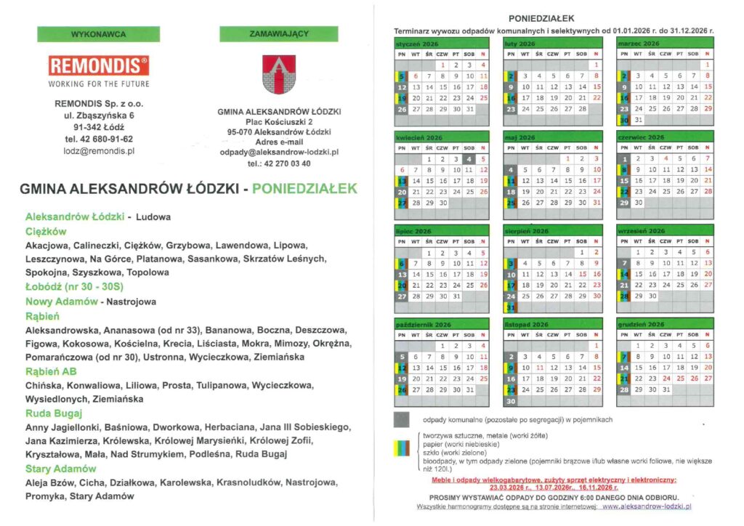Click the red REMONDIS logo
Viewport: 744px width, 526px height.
(x=99, y=65)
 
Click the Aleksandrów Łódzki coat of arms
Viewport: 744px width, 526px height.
(x=279, y=73)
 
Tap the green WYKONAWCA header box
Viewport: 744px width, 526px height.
(x=99, y=34)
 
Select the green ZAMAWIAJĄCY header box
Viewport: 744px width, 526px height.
(x=279, y=34)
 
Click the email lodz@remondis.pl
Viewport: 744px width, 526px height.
(x=99, y=151)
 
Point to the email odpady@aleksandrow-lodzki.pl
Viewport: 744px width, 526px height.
(x=279, y=153)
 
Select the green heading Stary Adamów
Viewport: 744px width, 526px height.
(x=60, y=469)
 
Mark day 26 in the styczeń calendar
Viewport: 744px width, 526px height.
(x=403, y=109)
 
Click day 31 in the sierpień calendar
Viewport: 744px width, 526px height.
(x=511, y=307)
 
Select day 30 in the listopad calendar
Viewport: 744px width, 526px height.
(x=511, y=400)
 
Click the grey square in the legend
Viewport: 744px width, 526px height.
(x=401, y=419)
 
